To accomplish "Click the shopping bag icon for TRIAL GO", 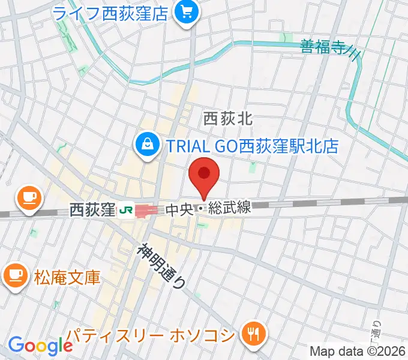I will [146, 144].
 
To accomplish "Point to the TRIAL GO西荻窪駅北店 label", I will [252, 145].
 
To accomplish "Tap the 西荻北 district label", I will [228, 119].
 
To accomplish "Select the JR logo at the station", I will [126, 210].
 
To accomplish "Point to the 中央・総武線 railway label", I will [207, 209].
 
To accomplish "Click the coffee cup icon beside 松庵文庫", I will [14, 275].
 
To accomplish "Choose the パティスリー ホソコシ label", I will [150, 334].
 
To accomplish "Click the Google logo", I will [40, 346].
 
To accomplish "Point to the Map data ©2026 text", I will [356, 351].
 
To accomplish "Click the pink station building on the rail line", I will [146, 211].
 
